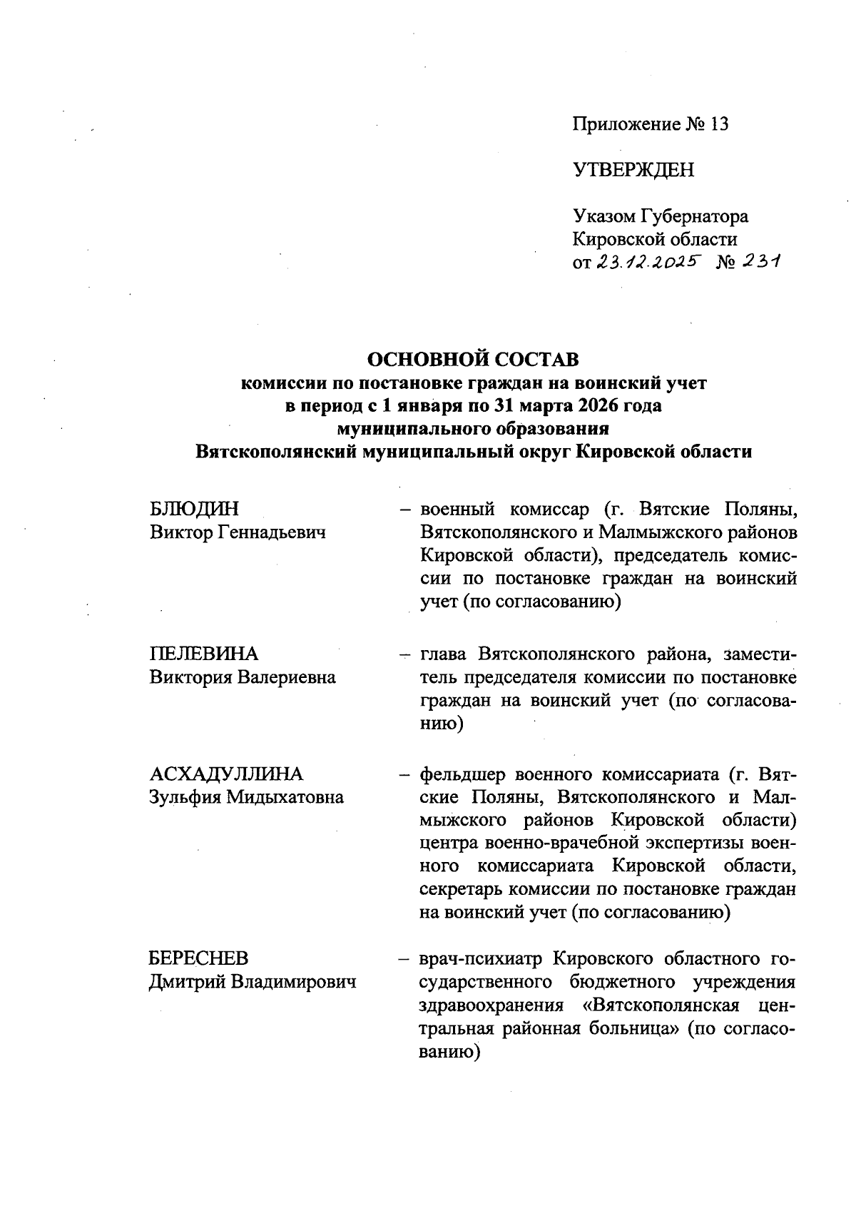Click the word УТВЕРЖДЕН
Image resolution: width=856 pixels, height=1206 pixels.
coord(633,170)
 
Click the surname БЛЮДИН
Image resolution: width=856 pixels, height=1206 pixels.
coord(194,510)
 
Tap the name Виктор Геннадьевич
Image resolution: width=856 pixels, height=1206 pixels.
coord(238,532)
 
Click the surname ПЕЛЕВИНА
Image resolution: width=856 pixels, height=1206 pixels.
coord(204,654)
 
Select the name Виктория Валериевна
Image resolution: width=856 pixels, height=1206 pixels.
coord(243,677)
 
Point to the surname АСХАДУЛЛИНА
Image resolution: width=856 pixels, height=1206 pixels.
coord(226,774)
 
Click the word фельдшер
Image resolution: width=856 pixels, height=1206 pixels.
coord(462,774)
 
